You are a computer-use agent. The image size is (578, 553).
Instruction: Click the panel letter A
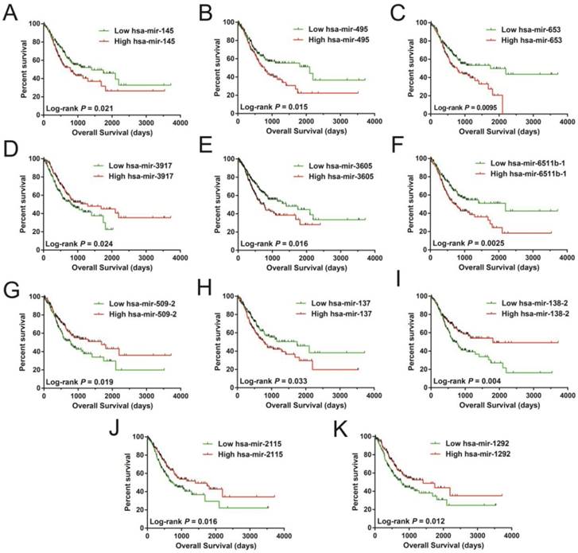(10, 14)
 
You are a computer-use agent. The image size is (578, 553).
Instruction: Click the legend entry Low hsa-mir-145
(145, 31)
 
